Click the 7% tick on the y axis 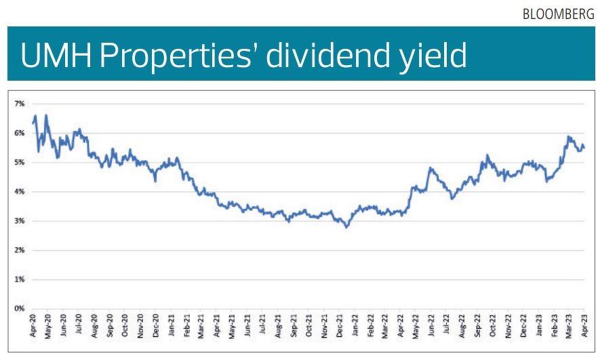pyautogui.click(x=20, y=104)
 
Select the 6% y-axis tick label pyautogui.click(x=20, y=133)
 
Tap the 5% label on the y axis pyautogui.click(x=20, y=162)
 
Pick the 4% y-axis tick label pyautogui.click(x=20, y=191)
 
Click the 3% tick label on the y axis pyautogui.click(x=20, y=221)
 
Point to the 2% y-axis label pyautogui.click(x=20, y=250)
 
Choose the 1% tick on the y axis pyautogui.click(x=20, y=279)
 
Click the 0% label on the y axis pyautogui.click(x=20, y=308)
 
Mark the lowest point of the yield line pyautogui.click(x=347, y=227)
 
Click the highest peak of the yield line pyautogui.click(x=46, y=115)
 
